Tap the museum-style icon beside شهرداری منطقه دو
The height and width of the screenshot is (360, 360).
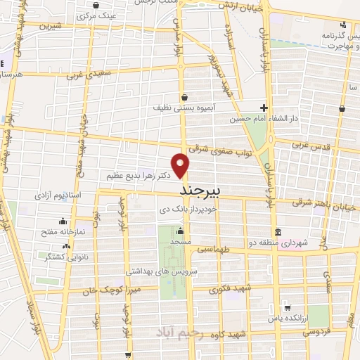278,232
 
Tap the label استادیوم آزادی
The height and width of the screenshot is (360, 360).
72,193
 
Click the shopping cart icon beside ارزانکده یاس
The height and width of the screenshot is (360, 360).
287,307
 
